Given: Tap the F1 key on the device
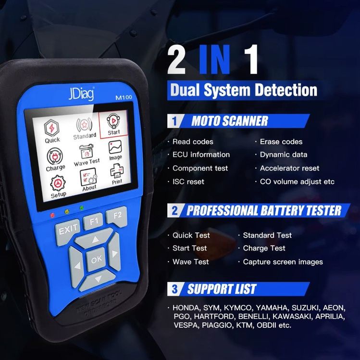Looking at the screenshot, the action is pos(93,222).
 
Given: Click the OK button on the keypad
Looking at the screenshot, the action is pos(97,259).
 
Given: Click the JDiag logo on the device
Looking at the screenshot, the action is pos(81,94).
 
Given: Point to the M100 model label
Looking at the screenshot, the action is pos(124,97).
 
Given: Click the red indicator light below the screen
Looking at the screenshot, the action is pos(52,216).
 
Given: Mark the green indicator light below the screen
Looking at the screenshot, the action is pos(81,208).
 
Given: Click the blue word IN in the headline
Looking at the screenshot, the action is pos(215,60).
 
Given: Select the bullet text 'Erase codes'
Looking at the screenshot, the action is pos(281,142).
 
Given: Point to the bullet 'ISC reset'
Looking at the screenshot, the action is pos(188,181).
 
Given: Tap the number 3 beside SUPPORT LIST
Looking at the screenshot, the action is pos(174,289).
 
